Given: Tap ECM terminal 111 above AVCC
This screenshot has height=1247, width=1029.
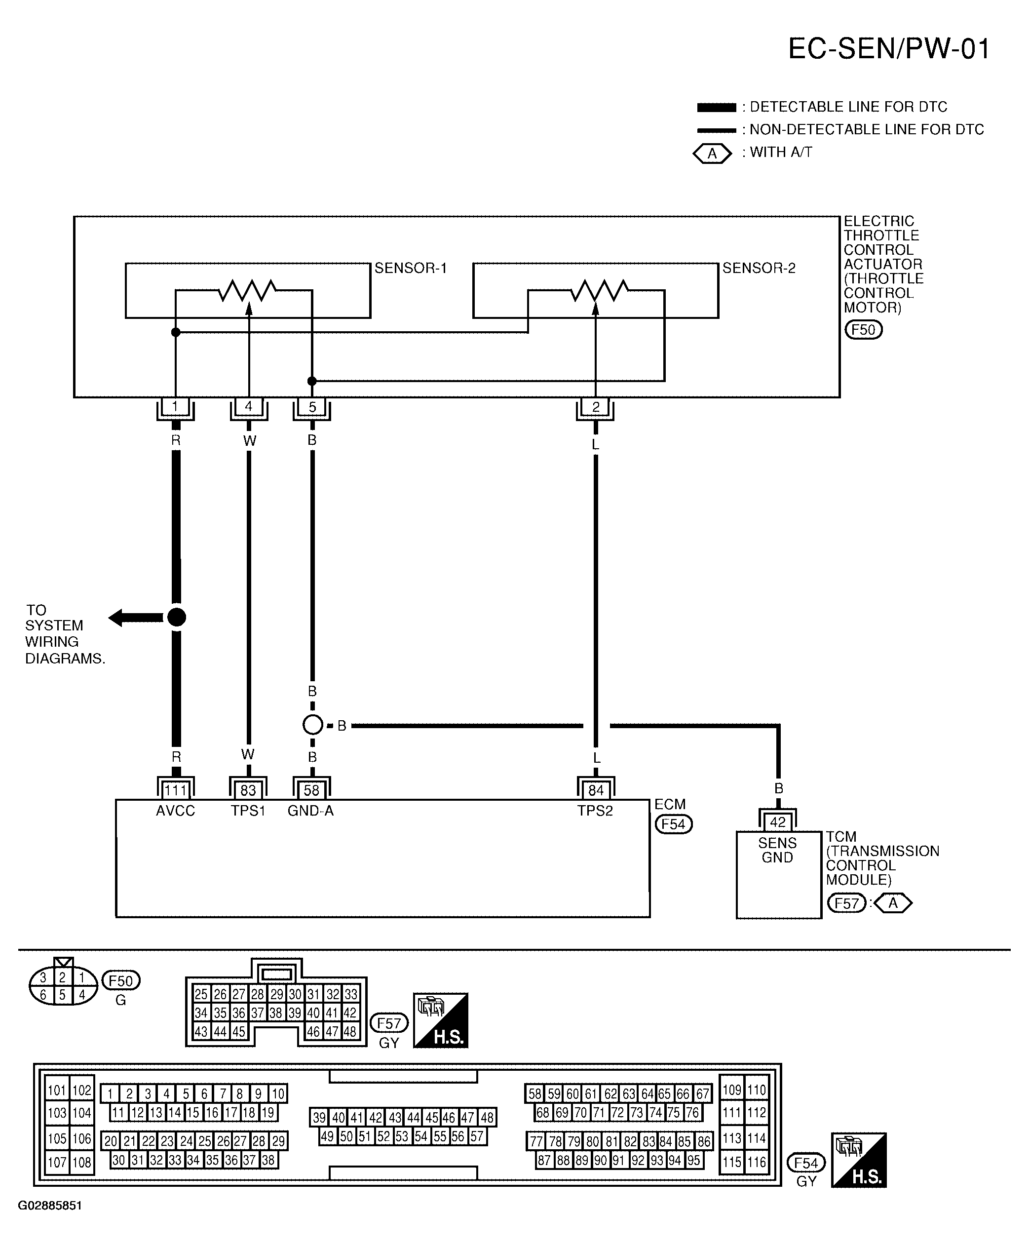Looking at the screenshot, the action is point(176,790).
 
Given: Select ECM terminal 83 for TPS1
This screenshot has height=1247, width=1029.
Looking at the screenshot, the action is point(248,790).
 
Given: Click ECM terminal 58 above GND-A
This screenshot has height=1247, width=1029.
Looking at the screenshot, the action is point(312,790).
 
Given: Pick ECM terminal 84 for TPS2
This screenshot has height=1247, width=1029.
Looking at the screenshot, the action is point(596,790).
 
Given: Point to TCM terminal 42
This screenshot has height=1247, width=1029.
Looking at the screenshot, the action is point(778,822).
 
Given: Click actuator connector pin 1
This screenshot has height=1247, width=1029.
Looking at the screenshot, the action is point(176,407).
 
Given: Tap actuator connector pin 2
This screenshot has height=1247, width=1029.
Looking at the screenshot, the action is point(596,407).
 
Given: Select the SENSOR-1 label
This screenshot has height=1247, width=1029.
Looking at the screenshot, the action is point(410,268).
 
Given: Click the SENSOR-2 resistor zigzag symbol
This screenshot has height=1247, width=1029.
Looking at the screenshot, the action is point(599,291).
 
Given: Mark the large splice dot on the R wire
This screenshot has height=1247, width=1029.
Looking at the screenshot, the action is point(176,617).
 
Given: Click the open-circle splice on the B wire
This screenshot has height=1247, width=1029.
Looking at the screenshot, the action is point(312,725).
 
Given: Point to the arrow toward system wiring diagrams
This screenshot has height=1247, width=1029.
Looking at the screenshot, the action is point(136,618).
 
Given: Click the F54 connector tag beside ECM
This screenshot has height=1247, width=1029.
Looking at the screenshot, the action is point(673,824).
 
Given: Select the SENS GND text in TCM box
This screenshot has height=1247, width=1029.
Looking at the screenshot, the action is point(777,850).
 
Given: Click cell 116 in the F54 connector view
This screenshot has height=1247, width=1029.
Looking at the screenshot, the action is point(757,1162).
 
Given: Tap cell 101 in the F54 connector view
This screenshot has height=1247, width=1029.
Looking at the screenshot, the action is point(57,1091).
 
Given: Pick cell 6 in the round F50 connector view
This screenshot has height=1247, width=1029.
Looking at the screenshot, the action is point(42,995).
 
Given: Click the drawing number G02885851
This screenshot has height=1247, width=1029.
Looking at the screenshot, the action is point(50,1206).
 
